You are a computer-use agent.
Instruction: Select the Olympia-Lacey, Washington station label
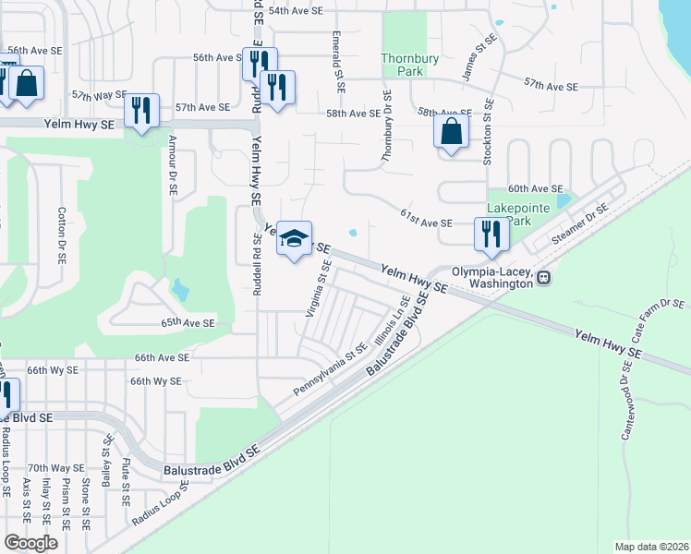click(492, 278)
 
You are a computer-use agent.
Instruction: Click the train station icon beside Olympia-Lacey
click(545, 277)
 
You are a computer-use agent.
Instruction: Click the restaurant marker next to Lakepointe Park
click(491, 235)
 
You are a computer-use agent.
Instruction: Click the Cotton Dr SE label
click(61, 235)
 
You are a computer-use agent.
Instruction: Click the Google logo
click(30, 543)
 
